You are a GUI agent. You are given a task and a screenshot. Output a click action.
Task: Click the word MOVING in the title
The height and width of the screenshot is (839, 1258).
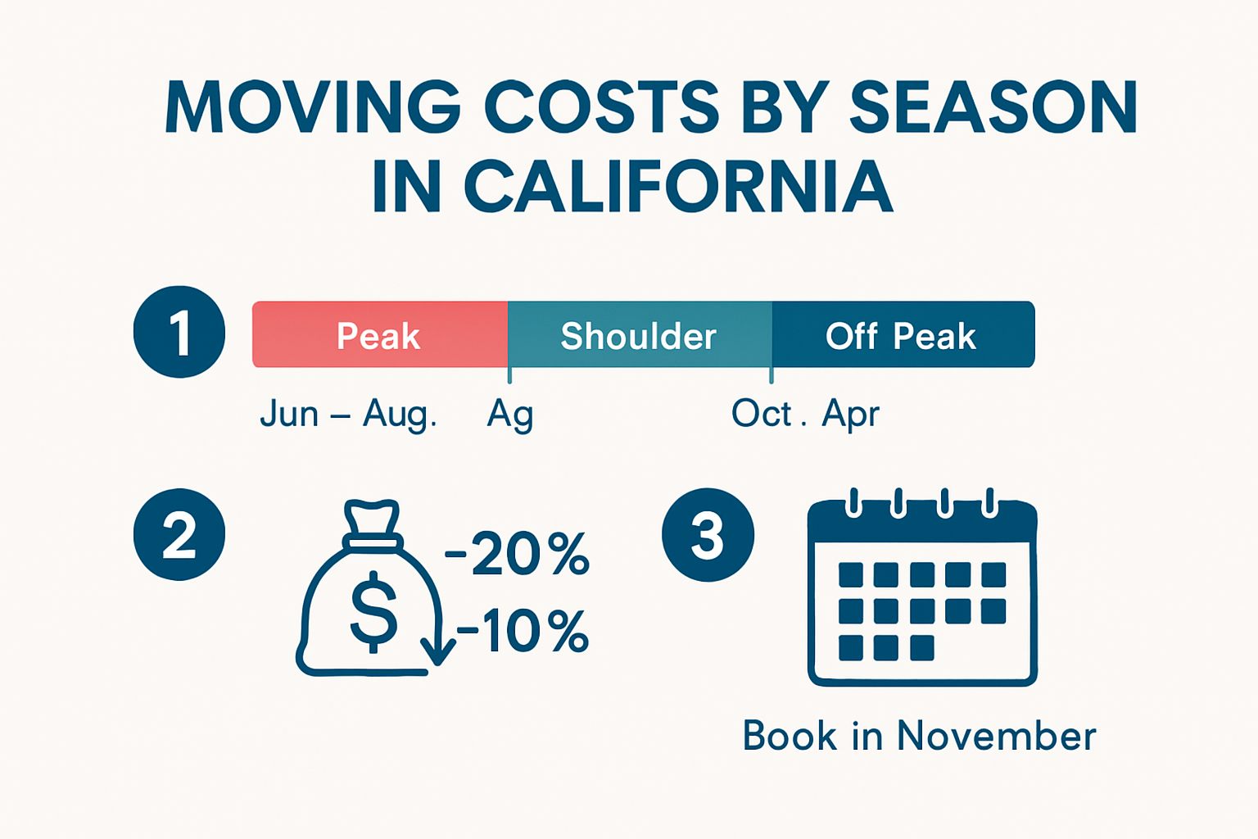[x=313, y=107]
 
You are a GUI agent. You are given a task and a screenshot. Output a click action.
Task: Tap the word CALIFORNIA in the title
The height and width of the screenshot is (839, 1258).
[x=678, y=187]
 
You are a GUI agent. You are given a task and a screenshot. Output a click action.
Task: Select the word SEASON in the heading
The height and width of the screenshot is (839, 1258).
[x=993, y=107]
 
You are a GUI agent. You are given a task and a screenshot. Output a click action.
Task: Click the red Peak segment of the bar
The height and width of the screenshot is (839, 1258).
[x=379, y=335]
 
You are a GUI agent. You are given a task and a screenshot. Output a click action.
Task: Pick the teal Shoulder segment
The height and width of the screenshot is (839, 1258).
[x=639, y=335]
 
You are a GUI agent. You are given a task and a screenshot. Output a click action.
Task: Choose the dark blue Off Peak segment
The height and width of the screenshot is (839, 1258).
[x=901, y=335]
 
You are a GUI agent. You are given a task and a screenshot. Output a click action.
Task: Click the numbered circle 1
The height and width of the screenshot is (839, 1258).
[x=179, y=332]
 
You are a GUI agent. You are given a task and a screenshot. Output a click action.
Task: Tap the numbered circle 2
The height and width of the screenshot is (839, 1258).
[x=179, y=534]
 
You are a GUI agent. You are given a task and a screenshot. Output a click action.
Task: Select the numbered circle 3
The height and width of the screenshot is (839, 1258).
[x=708, y=534]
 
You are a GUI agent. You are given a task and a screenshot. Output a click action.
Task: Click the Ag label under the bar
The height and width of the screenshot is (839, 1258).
[x=510, y=415]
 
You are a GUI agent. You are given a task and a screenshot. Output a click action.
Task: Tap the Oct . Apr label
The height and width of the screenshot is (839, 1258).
[x=805, y=414]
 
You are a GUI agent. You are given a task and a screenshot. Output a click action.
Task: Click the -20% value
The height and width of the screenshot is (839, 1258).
[x=518, y=555]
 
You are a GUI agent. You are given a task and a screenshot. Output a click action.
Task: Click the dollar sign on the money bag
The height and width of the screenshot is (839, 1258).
[x=373, y=611]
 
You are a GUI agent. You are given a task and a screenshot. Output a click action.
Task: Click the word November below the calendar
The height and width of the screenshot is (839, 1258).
[x=996, y=736]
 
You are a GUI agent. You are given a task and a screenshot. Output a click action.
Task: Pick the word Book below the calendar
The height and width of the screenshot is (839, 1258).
[x=790, y=736]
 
